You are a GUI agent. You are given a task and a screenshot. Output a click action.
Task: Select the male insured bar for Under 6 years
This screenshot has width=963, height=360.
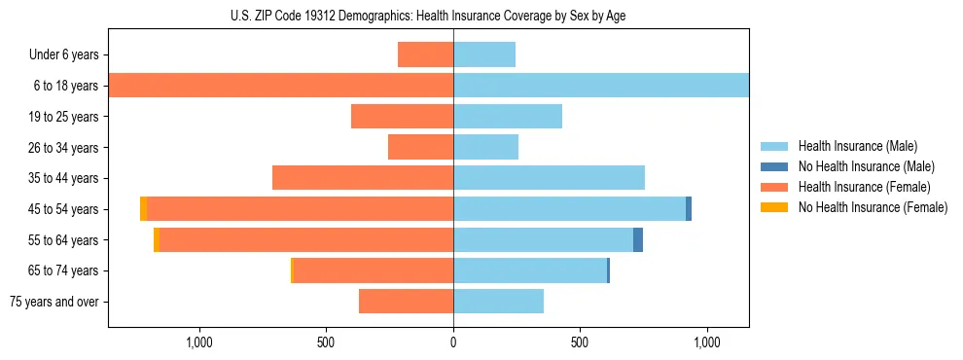(483, 54)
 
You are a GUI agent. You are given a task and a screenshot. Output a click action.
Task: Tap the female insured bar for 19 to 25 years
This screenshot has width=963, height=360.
(402, 117)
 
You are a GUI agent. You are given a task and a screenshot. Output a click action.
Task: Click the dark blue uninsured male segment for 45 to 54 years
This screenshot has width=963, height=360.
(689, 209)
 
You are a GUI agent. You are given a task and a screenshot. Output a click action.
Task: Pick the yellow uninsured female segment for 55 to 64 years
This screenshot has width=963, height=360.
(157, 240)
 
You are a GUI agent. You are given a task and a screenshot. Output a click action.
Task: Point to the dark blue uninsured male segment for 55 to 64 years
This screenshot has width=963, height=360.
(638, 240)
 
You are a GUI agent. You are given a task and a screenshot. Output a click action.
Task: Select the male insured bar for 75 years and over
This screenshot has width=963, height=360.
(498, 302)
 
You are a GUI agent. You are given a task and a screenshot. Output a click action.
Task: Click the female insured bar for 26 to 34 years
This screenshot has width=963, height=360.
(420, 148)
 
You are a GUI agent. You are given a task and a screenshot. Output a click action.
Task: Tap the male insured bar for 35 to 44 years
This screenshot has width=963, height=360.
(549, 178)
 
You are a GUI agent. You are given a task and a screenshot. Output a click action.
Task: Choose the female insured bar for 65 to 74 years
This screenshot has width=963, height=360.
(373, 270)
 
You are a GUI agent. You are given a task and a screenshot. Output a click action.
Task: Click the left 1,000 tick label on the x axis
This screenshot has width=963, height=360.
(199, 342)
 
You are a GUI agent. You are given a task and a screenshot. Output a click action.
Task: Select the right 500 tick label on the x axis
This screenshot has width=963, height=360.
(580, 342)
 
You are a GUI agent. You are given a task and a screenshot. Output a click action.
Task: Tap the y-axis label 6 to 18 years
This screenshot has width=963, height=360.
(66, 86)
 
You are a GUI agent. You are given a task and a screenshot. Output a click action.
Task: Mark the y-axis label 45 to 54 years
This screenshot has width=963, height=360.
(64, 209)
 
